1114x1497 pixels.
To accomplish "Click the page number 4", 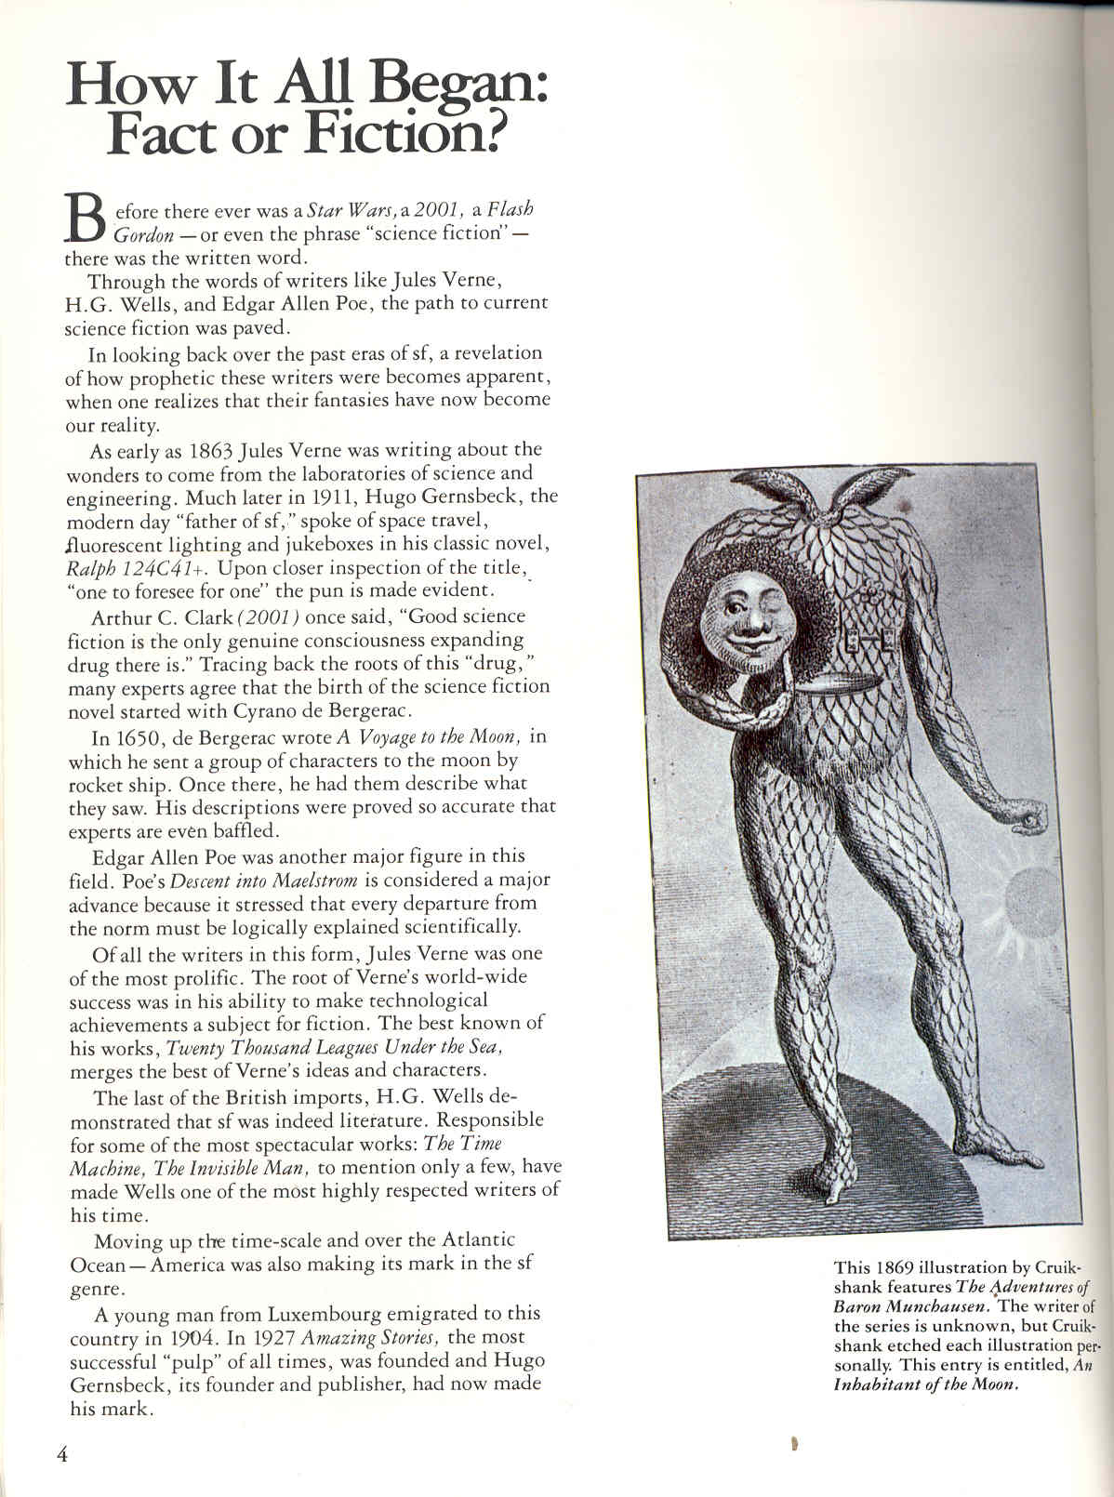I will click(62, 1454).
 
